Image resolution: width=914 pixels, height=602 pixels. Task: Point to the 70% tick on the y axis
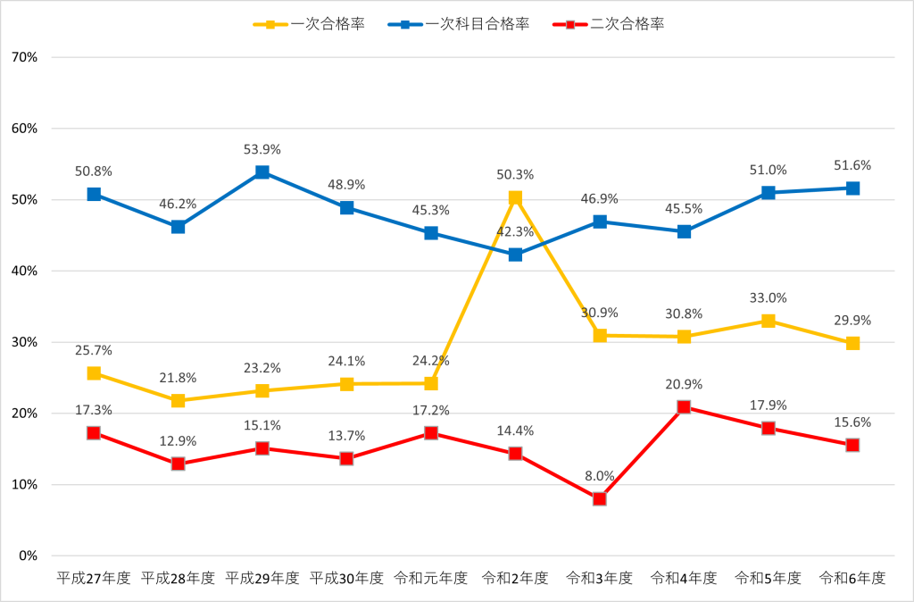point(24,57)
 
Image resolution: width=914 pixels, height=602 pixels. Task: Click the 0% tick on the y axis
point(27,556)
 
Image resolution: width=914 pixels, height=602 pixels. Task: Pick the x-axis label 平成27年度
point(94,578)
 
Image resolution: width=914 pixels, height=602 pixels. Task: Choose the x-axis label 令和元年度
point(431,578)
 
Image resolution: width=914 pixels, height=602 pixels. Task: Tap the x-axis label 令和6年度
point(852,578)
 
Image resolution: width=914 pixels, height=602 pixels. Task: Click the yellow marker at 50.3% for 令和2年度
point(515,198)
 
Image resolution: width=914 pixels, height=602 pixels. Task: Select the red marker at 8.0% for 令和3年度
point(600,498)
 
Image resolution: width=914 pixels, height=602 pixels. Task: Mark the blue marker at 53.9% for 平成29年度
point(262,172)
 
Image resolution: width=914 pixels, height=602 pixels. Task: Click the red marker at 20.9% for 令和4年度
point(684,407)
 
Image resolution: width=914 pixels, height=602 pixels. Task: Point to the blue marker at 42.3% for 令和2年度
point(515,255)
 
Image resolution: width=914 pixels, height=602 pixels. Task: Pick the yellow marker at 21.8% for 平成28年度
point(179,401)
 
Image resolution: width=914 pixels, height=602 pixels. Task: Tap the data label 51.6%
point(852,166)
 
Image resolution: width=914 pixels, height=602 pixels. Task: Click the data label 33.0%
point(769,298)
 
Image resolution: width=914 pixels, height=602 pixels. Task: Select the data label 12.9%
point(179,441)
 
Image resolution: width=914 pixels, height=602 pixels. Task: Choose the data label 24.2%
point(431,362)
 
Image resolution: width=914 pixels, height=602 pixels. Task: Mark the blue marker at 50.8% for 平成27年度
point(94,194)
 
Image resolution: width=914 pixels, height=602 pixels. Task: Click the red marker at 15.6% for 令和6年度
point(852,445)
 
